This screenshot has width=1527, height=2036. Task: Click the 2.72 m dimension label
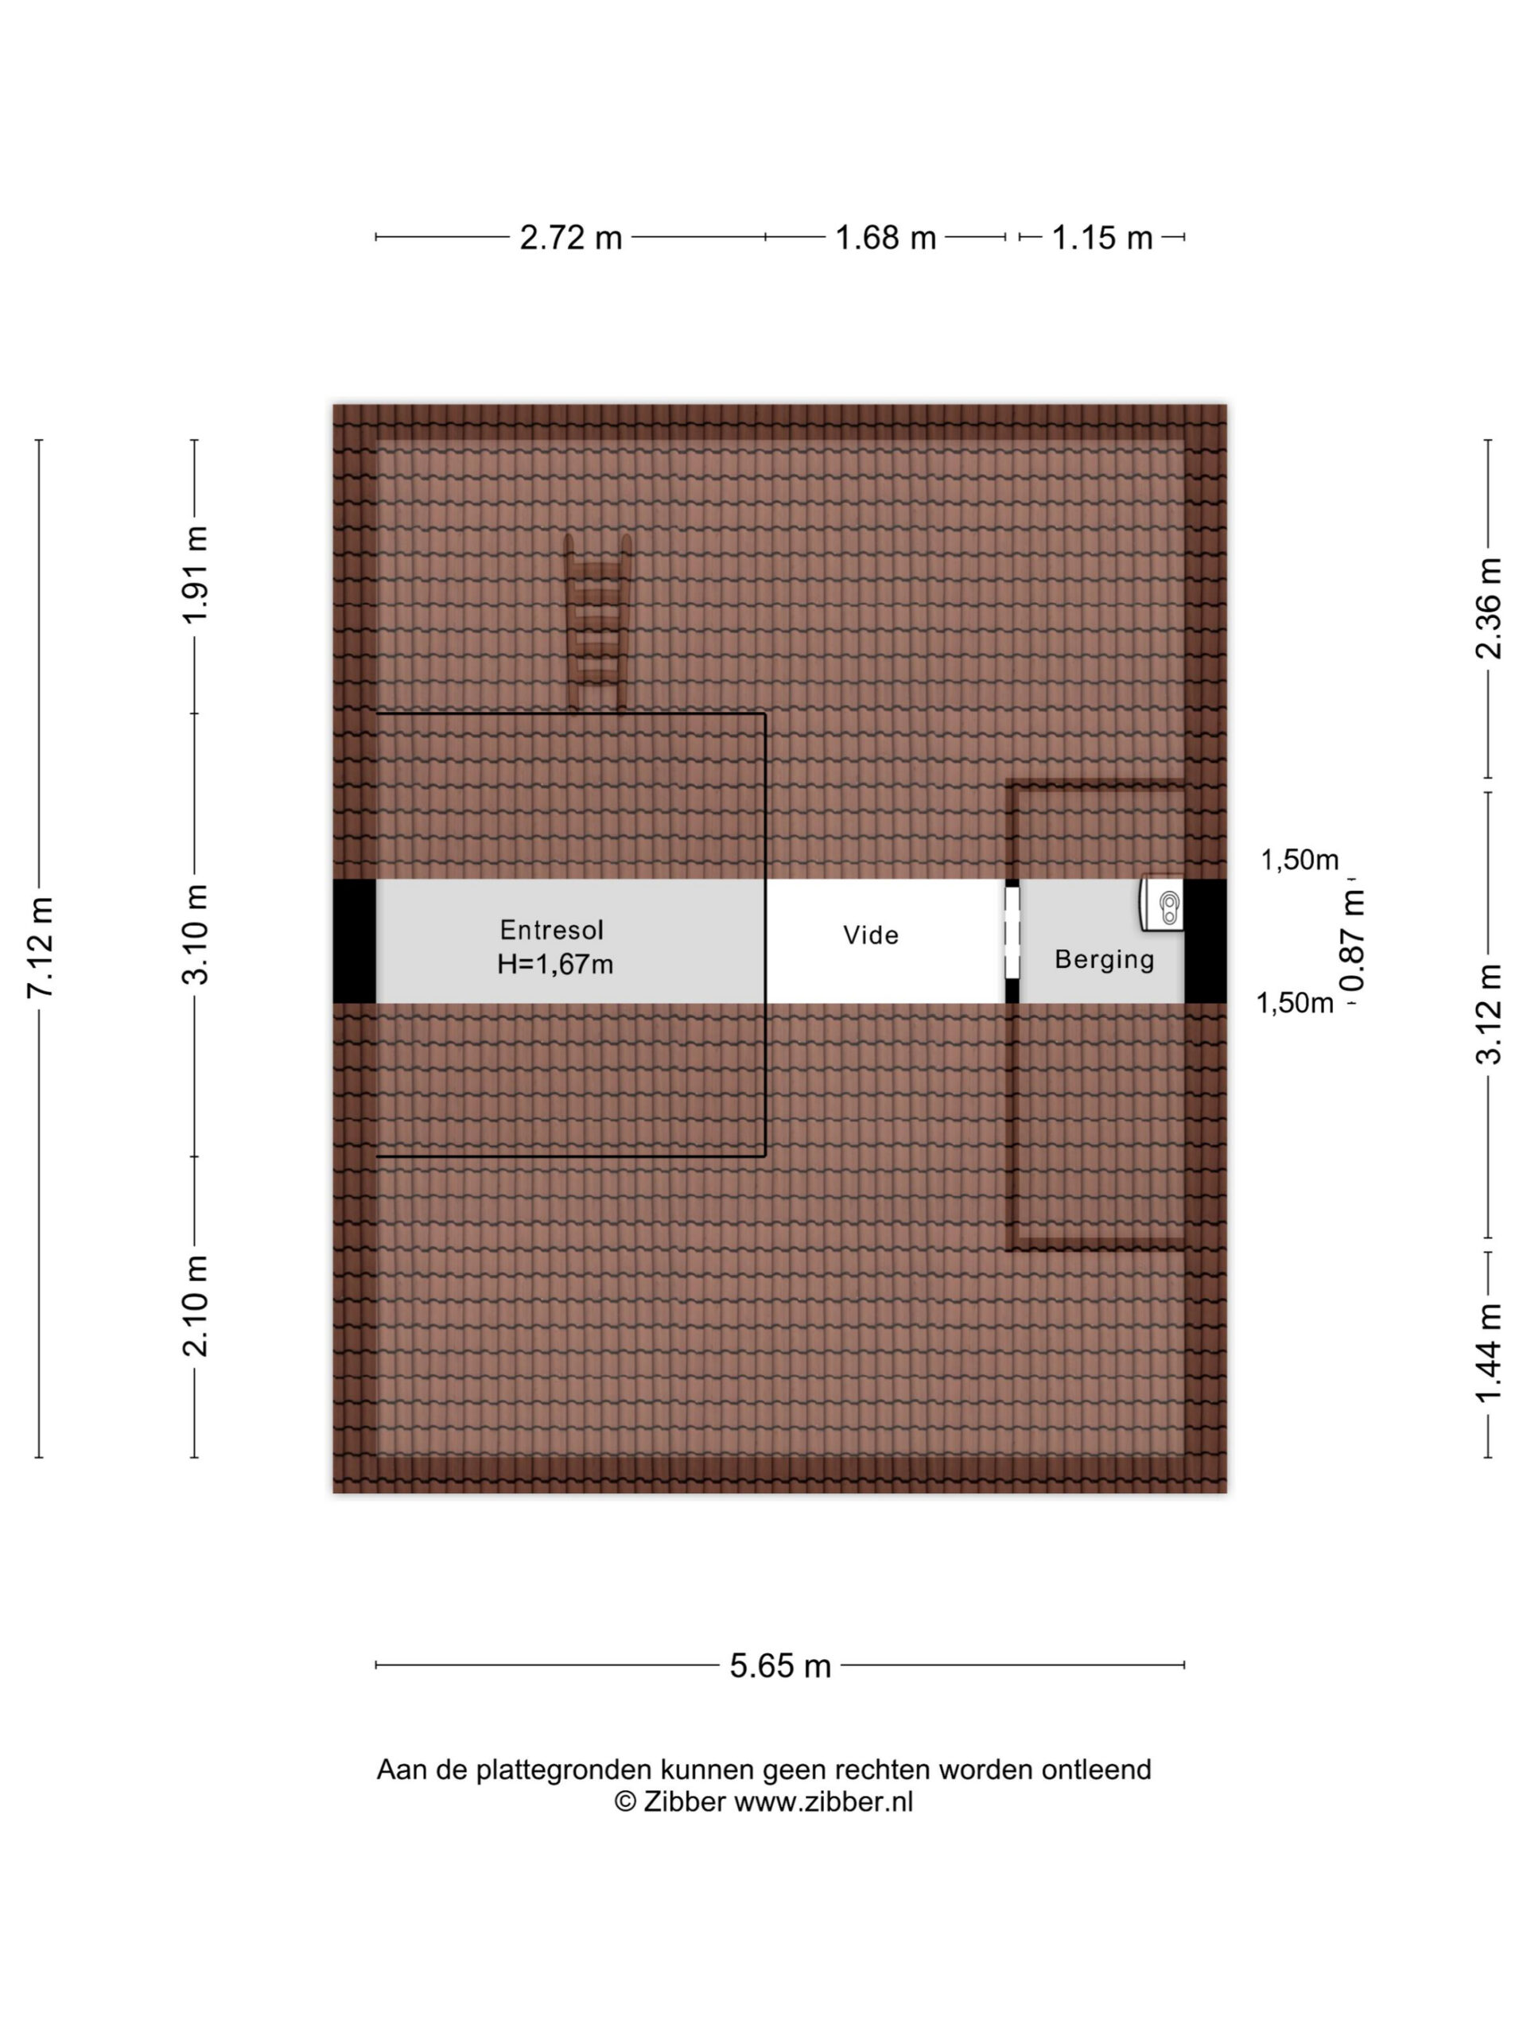(571, 238)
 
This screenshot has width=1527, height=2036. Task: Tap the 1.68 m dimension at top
(884, 238)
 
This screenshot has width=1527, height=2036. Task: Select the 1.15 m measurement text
(1102, 238)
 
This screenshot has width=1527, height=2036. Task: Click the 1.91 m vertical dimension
(195, 575)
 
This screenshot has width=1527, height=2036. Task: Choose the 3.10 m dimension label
(195, 934)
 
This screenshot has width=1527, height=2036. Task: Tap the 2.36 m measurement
(1487, 608)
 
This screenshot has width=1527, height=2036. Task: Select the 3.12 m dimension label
(1487, 1013)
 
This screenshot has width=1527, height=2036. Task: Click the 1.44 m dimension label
(1487, 1354)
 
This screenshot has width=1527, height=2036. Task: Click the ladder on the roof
(597, 624)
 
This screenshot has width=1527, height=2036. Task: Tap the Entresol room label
(551, 929)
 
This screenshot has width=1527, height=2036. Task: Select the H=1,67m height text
(555, 964)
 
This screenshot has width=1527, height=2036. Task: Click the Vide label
(871, 935)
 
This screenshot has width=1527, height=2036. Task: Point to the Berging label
(1105, 960)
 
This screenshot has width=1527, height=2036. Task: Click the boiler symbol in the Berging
(1162, 903)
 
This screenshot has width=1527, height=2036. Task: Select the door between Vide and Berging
(1012, 941)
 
